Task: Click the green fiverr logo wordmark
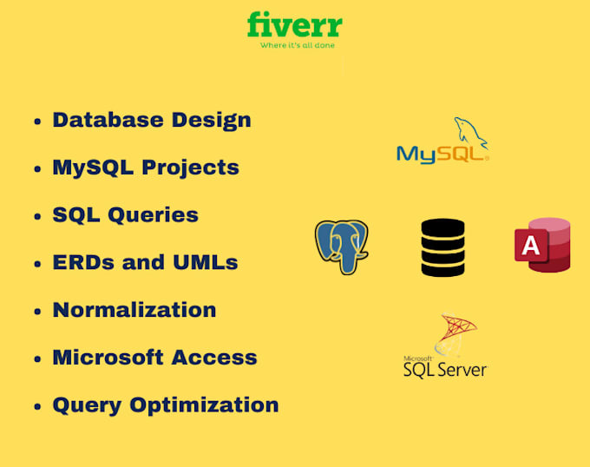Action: [294, 24]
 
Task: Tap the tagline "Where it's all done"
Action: [298, 45]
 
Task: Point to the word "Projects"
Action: [191, 168]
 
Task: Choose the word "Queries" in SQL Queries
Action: [152, 214]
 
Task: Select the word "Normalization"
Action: [134, 310]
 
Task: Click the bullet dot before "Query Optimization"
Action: [36, 406]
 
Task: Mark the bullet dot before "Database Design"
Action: [36, 122]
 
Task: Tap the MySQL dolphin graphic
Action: [469, 132]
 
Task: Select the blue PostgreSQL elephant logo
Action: [341, 247]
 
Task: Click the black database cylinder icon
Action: [442, 247]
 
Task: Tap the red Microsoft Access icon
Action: [541, 245]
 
